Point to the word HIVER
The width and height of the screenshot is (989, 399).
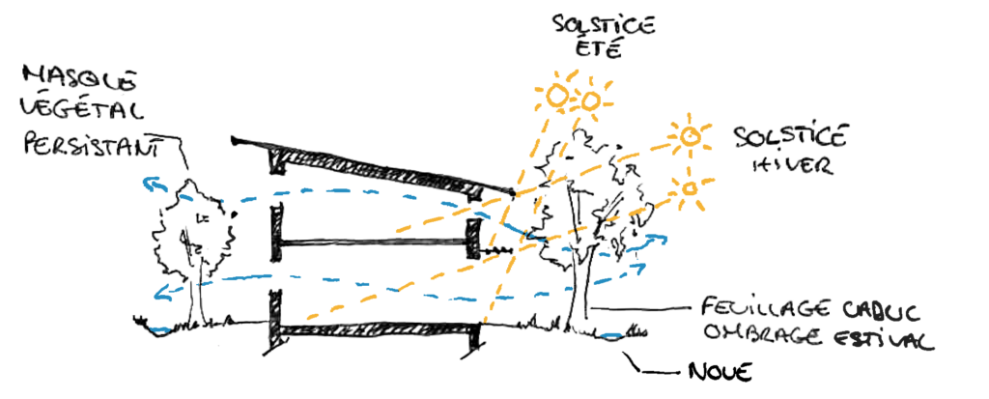(x=787, y=165)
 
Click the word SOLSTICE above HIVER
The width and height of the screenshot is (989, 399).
(x=789, y=135)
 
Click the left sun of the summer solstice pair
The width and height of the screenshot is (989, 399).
(x=557, y=96)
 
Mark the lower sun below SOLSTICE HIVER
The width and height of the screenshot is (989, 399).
(x=689, y=188)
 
